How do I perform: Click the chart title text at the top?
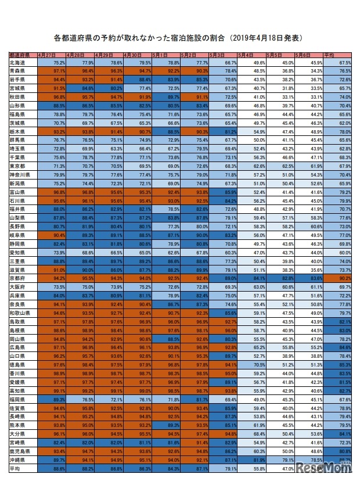(x=179, y=38)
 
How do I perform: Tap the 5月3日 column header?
(x=223, y=55)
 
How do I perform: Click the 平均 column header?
(x=337, y=55)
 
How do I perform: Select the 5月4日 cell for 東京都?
(x=251, y=167)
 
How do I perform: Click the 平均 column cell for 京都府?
(x=337, y=279)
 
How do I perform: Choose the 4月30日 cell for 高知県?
(x=137, y=391)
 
